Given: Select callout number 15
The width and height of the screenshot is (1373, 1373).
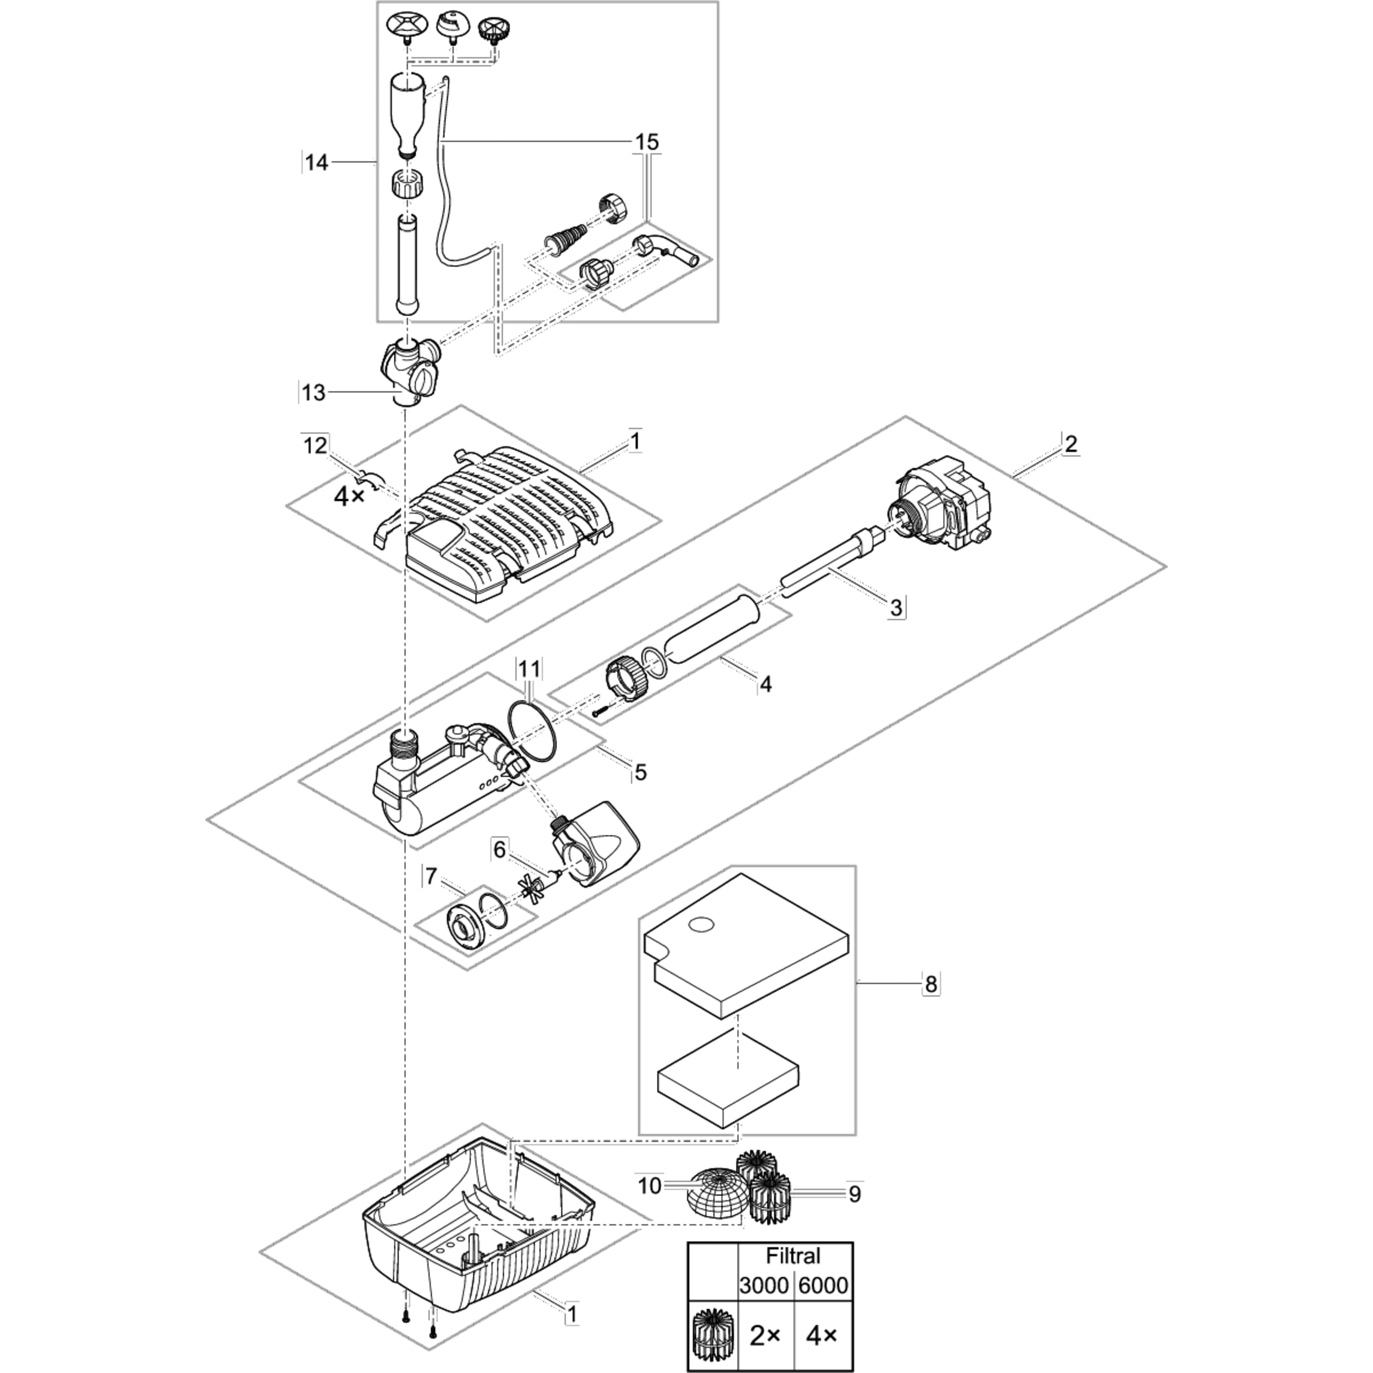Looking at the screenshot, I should click(x=647, y=142).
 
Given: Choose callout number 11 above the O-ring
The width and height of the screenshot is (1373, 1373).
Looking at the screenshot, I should click(x=529, y=669).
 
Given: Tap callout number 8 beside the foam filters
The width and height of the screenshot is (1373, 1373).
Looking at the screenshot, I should click(x=930, y=985).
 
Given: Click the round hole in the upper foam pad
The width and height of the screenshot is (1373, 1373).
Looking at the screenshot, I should click(x=701, y=924).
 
